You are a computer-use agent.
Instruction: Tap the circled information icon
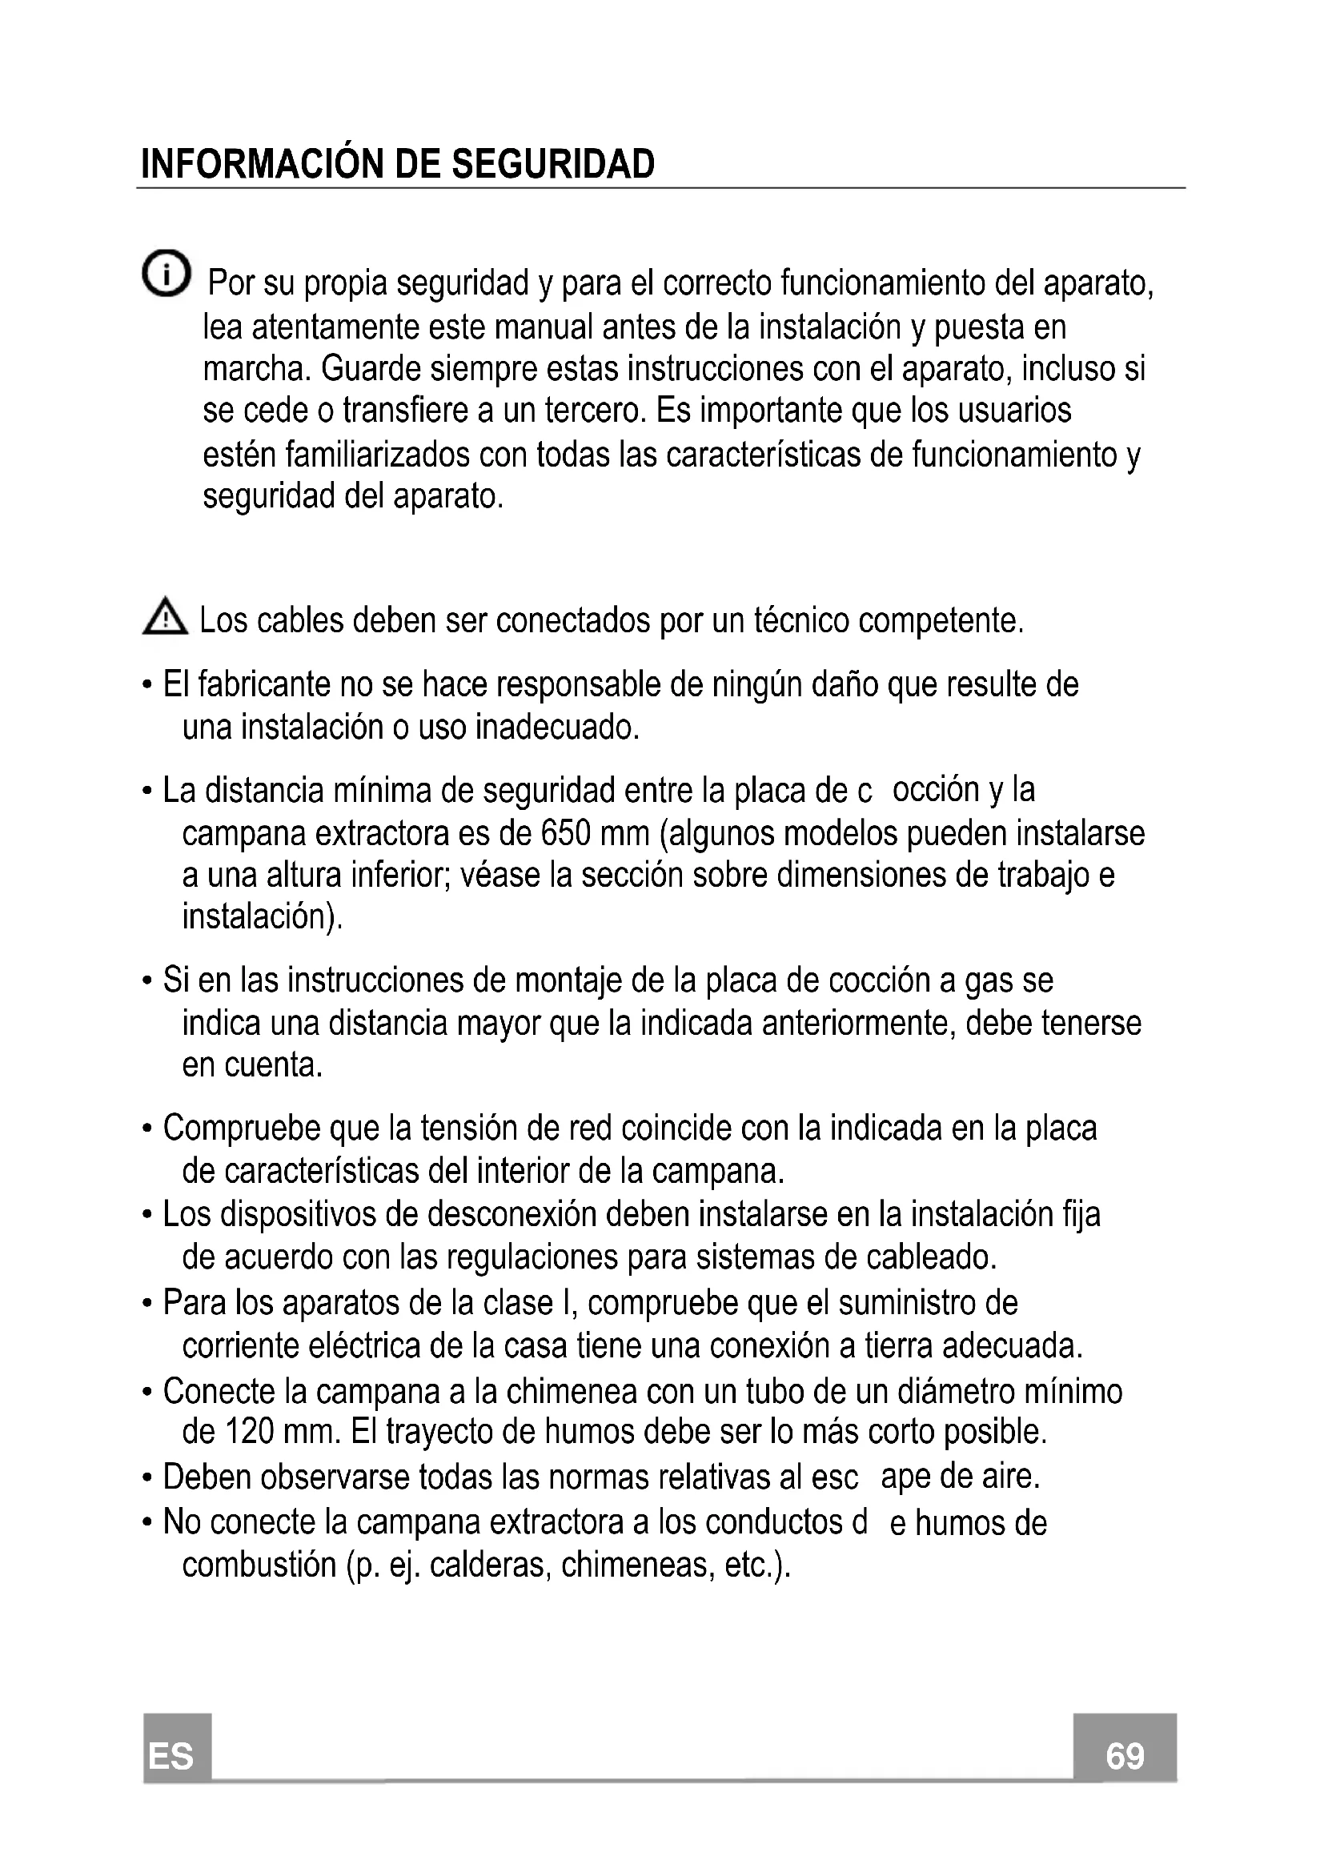[x=166, y=273]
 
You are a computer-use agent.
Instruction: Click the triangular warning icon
[x=165, y=618]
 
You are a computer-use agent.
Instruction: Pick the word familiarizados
[x=378, y=454]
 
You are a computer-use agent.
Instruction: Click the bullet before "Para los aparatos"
[x=146, y=1304]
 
